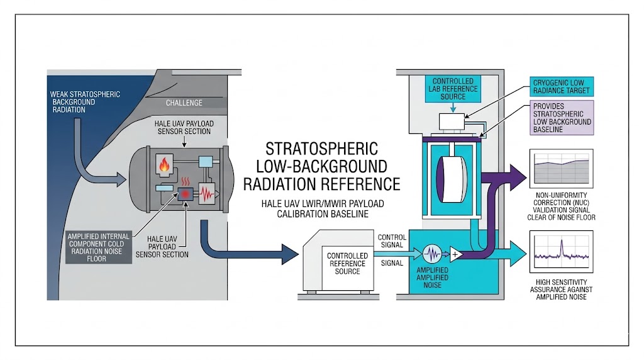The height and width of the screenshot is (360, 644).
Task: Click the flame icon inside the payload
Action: tap(165, 166)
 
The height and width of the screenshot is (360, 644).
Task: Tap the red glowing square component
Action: tap(186, 194)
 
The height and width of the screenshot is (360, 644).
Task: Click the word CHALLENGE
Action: tap(184, 103)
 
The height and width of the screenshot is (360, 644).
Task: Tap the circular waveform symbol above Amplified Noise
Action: tap(433, 254)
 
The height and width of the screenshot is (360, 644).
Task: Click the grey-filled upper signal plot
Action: tap(561, 167)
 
